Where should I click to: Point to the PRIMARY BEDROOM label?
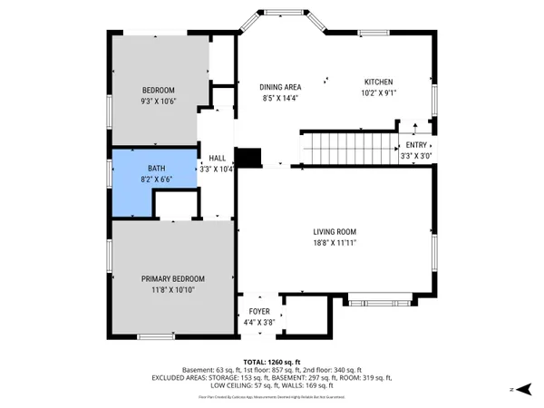coord(172,278)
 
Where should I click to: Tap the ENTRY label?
coord(416,145)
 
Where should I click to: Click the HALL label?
coord(217,158)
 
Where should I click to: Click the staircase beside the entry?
coord(348,148)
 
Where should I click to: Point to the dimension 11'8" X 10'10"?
coord(172,289)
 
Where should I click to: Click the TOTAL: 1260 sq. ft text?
coord(272,362)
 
